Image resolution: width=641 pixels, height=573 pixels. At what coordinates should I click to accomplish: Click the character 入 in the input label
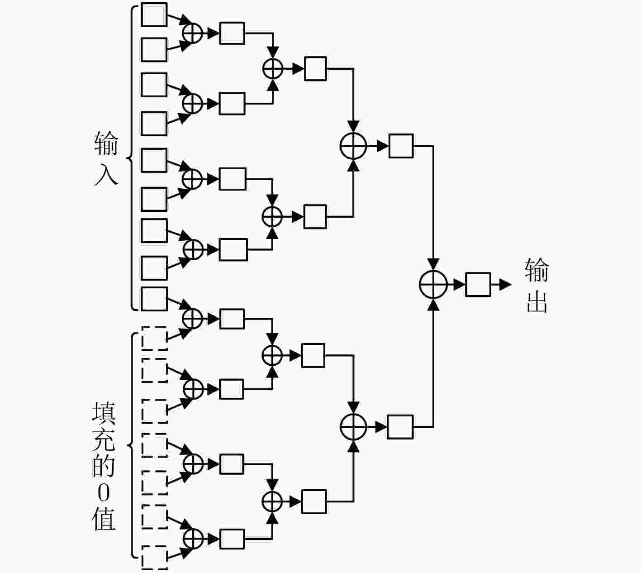(x=106, y=174)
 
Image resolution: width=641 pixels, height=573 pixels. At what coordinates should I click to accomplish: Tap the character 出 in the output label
(x=537, y=302)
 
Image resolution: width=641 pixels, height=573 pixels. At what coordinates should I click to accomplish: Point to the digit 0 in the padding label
(x=104, y=493)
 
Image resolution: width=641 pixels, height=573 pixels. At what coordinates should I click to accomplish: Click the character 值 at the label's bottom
(x=104, y=520)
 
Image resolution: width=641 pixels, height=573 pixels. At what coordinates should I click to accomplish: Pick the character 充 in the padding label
(x=104, y=440)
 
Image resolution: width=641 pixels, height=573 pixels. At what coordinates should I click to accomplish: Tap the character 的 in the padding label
(x=104, y=466)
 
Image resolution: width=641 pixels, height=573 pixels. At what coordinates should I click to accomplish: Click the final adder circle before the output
(x=433, y=284)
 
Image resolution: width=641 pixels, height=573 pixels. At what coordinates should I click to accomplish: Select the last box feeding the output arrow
(x=478, y=284)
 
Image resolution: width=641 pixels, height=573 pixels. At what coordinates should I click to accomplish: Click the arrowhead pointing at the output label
(x=506, y=284)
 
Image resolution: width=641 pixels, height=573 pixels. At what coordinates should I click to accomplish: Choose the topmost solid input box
(x=154, y=14)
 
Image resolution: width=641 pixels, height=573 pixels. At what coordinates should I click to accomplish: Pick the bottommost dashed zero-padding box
(x=154, y=558)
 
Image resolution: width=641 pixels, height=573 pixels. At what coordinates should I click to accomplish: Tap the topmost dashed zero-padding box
(x=154, y=339)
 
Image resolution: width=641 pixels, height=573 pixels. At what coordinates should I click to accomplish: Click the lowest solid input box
(x=154, y=299)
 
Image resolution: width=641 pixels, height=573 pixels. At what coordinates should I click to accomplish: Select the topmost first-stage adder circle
(x=192, y=33)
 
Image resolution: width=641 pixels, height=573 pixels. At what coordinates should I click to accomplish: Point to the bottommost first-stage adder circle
(x=193, y=539)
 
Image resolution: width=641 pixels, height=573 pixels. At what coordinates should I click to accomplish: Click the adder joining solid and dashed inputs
(x=192, y=318)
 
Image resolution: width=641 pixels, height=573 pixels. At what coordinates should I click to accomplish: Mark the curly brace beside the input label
(x=131, y=158)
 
